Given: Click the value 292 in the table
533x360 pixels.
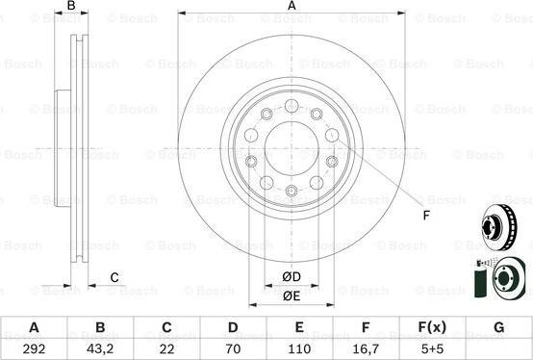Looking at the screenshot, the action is pos(34,348).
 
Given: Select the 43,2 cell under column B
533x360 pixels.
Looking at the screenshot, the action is pos(100,349).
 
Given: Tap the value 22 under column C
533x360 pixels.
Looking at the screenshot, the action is pos(166,348).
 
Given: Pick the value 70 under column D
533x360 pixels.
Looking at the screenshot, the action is pos(233,348).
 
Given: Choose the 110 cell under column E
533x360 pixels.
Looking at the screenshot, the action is pos(299,348).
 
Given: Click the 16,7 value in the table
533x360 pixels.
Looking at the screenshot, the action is pos(366,349).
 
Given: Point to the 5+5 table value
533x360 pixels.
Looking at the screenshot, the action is pos(432,348).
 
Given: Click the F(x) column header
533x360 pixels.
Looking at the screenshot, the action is pos(432,327).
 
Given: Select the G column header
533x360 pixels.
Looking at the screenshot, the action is pos(498,327).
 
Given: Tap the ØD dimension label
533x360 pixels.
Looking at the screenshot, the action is pos(292,276).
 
